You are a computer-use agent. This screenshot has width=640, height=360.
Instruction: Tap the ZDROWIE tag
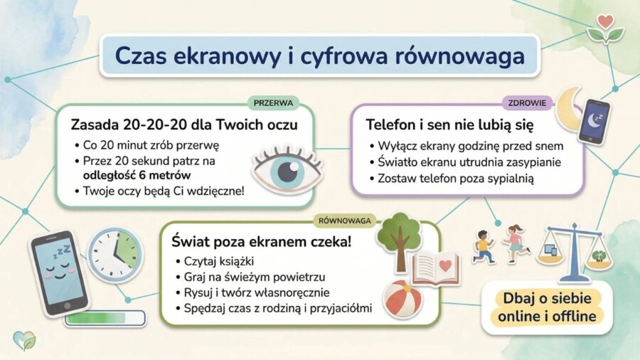(x=528, y=102)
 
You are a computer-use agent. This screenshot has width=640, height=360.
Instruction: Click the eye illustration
(x=287, y=170)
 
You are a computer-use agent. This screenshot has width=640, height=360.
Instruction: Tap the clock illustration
(x=115, y=255)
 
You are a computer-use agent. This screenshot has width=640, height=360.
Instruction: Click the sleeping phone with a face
(x=59, y=272)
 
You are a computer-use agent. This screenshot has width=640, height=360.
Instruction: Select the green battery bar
(x=105, y=317)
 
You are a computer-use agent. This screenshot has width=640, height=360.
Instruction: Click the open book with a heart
(x=436, y=268)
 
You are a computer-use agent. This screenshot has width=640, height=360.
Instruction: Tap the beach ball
(x=403, y=299)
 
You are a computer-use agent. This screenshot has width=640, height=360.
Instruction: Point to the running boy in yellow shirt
(x=484, y=247)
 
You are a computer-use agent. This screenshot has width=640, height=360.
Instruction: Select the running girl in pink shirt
(x=516, y=244)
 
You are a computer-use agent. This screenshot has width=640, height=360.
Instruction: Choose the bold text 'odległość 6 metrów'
(x=137, y=174)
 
